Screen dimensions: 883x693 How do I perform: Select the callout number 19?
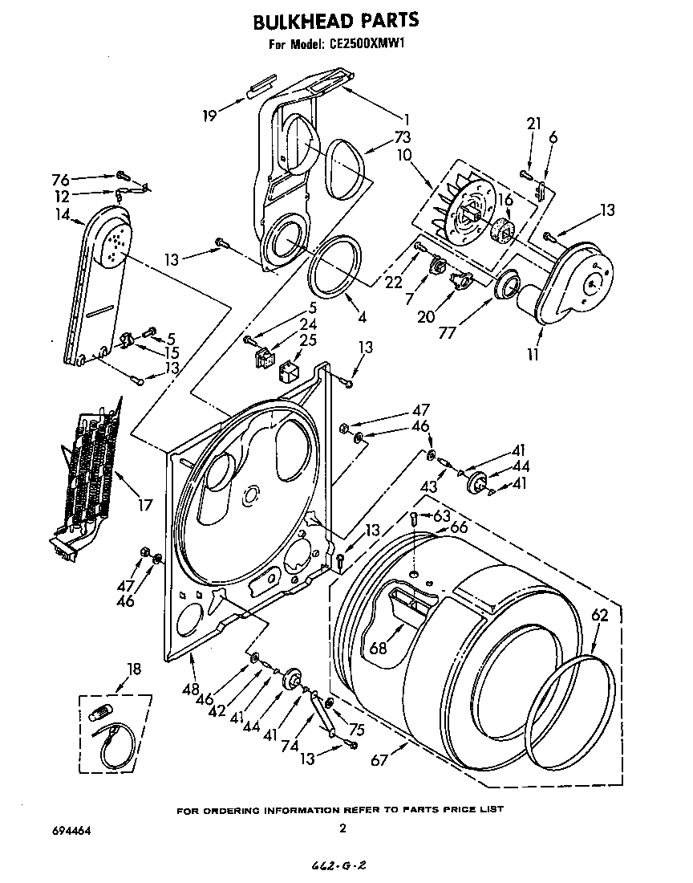[x=211, y=116]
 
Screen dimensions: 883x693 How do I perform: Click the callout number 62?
[x=600, y=616]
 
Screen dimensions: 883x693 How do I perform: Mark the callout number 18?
[x=133, y=669]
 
